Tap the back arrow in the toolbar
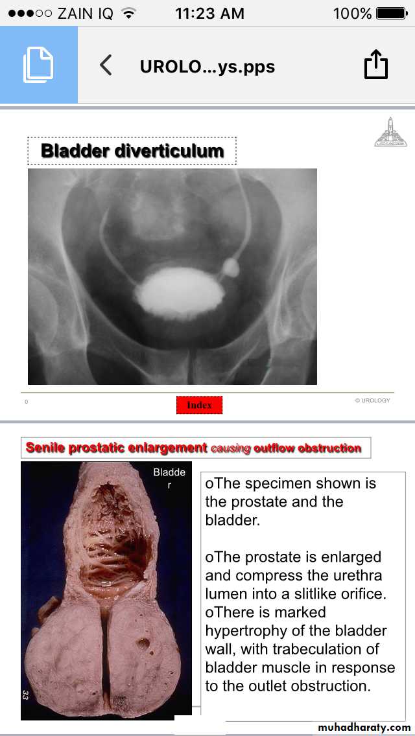coord(106,65)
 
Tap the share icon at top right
coord(376,65)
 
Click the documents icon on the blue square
coord(38,65)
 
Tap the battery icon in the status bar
coord(392,13)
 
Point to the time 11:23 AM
coord(209,13)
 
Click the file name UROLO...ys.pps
coord(207,66)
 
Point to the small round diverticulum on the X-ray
coord(230,267)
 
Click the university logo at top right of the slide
coord(390,132)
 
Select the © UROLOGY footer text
coord(372,400)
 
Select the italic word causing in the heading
coord(231,448)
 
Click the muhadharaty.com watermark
coord(361,727)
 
